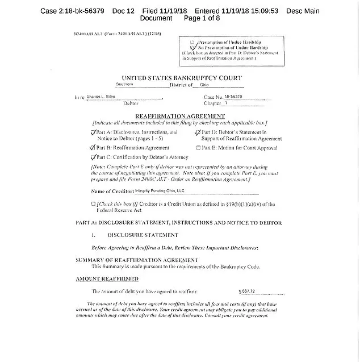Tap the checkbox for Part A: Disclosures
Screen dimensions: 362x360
click(94, 132)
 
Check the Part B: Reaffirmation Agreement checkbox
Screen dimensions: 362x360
click(94, 147)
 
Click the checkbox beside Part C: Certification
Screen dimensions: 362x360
click(94, 157)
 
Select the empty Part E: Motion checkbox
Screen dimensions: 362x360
click(198, 148)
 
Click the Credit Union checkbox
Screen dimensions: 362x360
click(93, 203)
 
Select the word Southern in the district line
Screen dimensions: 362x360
click(125, 85)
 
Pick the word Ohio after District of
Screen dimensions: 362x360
click(204, 85)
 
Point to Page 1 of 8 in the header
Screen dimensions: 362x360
click(202, 18)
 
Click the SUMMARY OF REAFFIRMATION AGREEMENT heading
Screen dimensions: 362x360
click(137, 260)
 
